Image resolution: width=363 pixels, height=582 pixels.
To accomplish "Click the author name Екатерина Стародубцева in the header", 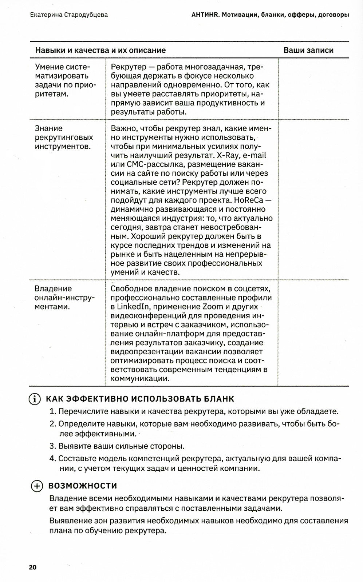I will (x=69, y=15).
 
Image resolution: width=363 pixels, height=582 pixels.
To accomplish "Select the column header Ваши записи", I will (x=308, y=50).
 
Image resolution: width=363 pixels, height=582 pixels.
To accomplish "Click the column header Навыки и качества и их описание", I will (x=100, y=50).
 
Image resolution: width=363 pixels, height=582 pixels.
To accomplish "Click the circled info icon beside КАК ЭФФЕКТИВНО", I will (x=35, y=399).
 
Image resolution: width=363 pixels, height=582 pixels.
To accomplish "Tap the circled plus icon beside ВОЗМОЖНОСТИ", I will (x=37, y=486).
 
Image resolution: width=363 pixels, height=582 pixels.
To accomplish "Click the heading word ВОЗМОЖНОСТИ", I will (x=82, y=486).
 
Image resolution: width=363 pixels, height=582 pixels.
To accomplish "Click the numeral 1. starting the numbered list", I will (x=52, y=412).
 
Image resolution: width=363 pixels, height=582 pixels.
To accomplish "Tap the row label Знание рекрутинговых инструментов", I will (x=64, y=137).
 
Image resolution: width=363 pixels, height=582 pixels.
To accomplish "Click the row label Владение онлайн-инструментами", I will (x=64, y=298).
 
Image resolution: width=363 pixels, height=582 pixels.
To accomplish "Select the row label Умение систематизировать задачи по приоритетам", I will (x=65, y=80).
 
